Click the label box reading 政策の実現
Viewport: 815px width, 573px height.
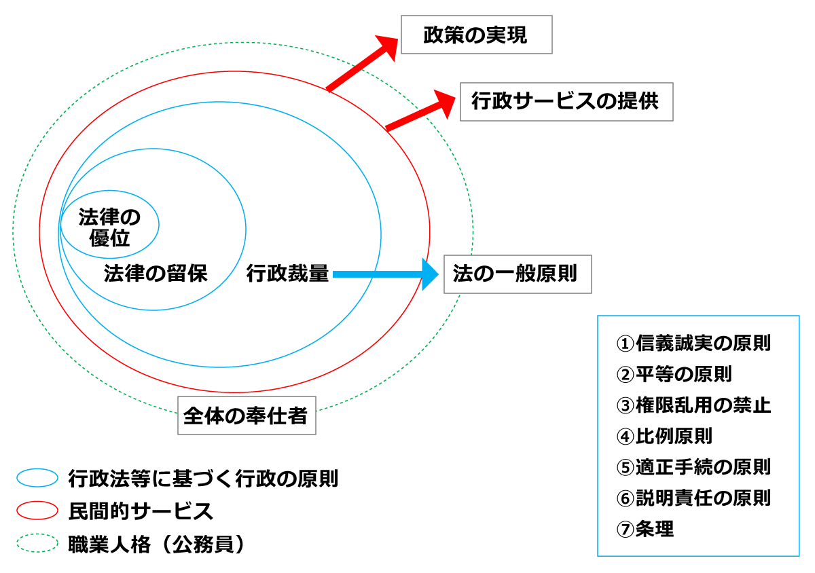pyautogui.click(x=476, y=35)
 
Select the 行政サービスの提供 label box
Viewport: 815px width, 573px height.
pyautogui.click(x=566, y=102)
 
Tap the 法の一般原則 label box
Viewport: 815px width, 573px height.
pyautogui.click(x=517, y=274)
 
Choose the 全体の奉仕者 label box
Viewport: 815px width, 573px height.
pyautogui.click(x=247, y=415)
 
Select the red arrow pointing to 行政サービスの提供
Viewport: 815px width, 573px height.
pyautogui.click(x=418, y=111)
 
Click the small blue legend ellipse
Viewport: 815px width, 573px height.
pyautogui.click(x=37, y=478)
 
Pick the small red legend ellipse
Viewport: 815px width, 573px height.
pyautogui.click(x=37, y=510)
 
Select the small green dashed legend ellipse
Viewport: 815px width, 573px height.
pyautogui.click(x=37, y=542)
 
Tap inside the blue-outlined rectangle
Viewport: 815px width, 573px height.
pyautogui.click(x=698, y=435)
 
